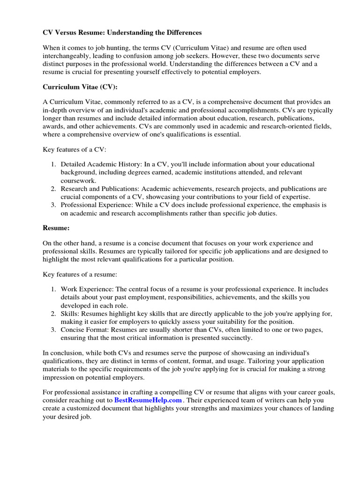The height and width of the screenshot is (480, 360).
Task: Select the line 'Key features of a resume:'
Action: tap(80, 273)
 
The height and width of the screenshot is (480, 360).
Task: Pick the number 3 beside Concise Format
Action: tap(53, 329)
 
